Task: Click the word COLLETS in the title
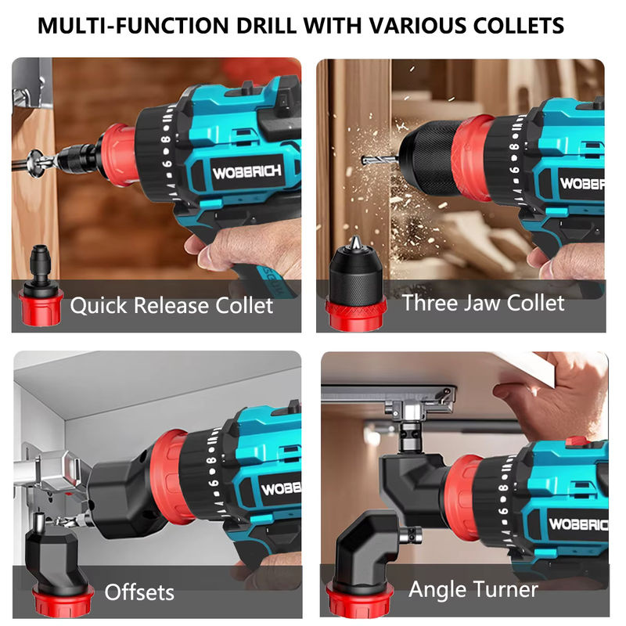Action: click(x=518, y=26)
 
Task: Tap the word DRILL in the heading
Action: click(x=266, y=26)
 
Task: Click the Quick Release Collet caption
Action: click(x=171, y=305)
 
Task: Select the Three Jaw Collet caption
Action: click(x=483, y=303)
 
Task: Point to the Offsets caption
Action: click(x=139, y=592)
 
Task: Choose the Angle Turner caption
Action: click(x=473, y=589)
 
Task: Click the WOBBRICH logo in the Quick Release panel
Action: click(x=246, y=172)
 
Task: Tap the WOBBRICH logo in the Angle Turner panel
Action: click(x=578, y=523)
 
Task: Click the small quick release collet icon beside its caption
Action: click(x=41, y=286)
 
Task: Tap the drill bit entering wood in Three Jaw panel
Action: click(x=380, y=160)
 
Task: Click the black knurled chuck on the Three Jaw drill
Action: click(x=428, y=158)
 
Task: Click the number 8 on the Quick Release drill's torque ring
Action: click(x=165, y=139)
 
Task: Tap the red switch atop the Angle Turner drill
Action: click(x=576, y=441)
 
